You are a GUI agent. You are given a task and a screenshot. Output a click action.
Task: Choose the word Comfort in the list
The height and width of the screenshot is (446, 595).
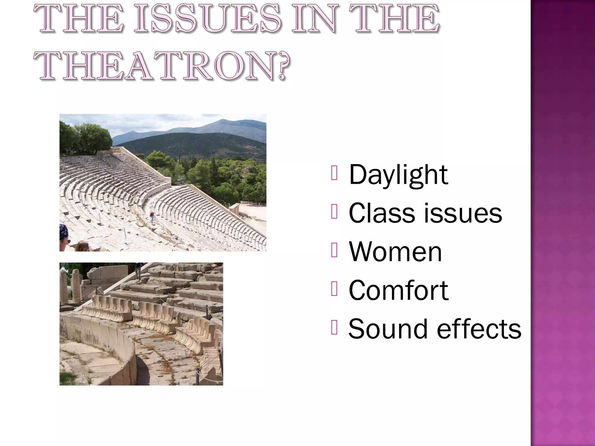pos(398,290)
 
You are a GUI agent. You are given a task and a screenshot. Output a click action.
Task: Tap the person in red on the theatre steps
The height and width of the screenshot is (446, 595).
pos(151,217)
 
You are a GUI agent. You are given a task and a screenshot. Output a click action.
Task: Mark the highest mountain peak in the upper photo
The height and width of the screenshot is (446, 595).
pos(222,119)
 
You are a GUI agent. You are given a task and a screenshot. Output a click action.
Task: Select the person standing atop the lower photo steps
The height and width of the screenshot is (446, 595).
pos(139,270)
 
